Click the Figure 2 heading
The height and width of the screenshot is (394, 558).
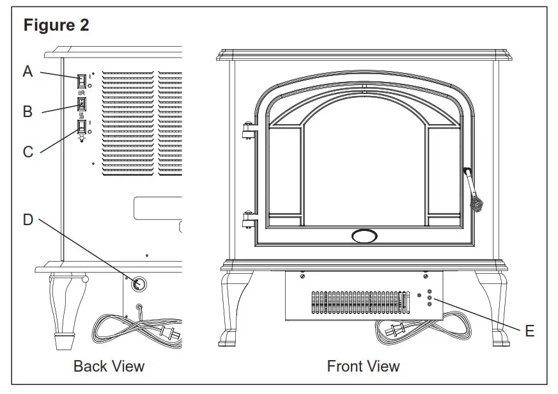[56, 26]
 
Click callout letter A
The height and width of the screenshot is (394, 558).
[27, 72]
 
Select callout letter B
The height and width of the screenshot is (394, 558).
[27, 112]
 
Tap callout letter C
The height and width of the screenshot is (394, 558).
[28, 152]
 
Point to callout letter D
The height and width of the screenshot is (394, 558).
[27, 219]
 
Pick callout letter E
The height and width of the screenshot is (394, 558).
[529, 331]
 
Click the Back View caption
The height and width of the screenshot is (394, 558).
[109, 366]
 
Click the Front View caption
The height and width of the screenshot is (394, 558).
[363, 366]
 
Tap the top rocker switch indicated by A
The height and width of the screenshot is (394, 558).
[81, 81]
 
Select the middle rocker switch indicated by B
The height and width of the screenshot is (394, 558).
[81, 104]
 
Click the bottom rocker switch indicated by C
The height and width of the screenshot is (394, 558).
[81, 127]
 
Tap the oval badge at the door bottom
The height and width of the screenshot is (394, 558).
[364, 235]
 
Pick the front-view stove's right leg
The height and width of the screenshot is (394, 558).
[495, 307]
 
